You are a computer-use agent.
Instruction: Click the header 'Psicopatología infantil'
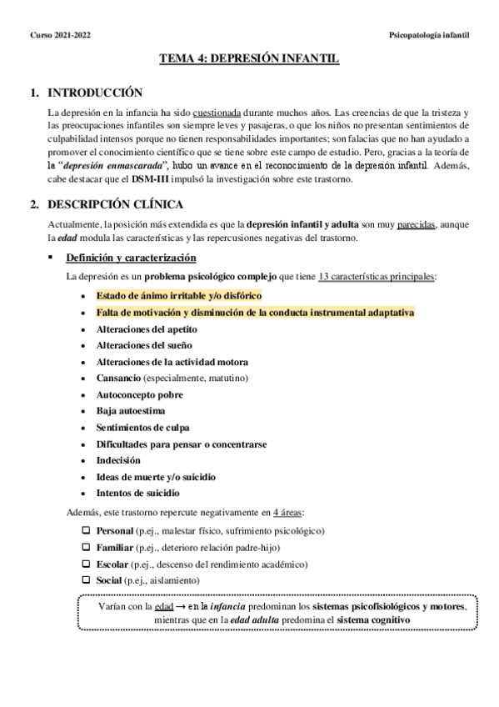click(429, 36)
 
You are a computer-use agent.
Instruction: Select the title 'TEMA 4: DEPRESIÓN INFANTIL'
click(249, 60)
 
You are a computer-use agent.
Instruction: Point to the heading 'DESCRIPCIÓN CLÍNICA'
click(116, 204)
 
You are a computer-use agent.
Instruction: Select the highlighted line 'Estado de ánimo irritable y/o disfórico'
click(179, 295)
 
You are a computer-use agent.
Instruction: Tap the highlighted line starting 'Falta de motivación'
click(254, 312)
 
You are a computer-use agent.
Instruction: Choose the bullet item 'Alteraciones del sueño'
click(142, 345)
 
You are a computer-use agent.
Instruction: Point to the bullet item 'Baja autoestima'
click(130, 410)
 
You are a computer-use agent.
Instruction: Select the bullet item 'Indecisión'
click(118, 459)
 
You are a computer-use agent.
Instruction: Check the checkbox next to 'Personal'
click(86, 530)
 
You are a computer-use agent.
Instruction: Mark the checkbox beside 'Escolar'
click(86, 563)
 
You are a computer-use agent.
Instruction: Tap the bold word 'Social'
click(109, 579)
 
